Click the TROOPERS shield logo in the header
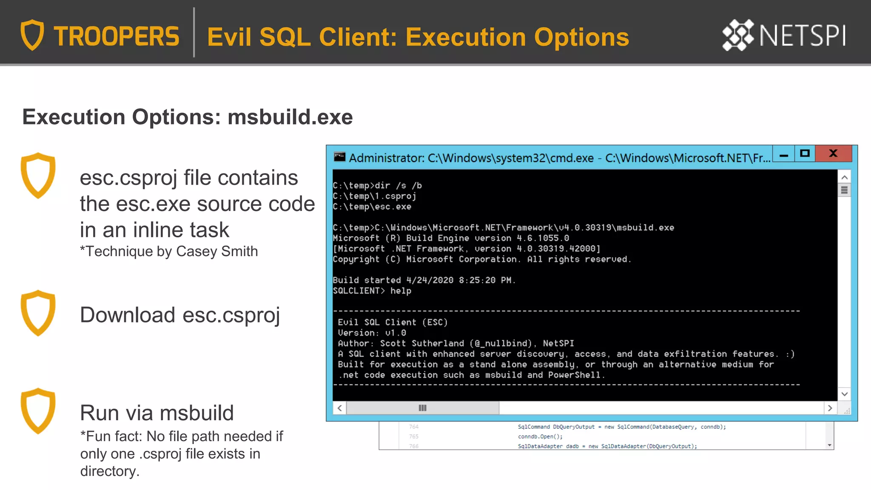pos(32,35)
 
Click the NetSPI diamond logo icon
pos(738,35)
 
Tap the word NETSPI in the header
pos(803,36)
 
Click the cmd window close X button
pos(833,154)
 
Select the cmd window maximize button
pos(805,154)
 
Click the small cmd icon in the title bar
pos(339,157)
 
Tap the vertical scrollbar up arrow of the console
pos(845,177)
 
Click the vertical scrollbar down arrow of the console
pos(845,394)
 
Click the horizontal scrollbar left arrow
pos(340,408)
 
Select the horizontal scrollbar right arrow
pos(830,408)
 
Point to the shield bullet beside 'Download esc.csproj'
pos(38,313)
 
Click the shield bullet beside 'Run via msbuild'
pos(38,411)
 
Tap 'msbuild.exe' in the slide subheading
pos(290,117)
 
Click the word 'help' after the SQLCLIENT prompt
pos(401,291)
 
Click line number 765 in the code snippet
pos(414,436)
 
